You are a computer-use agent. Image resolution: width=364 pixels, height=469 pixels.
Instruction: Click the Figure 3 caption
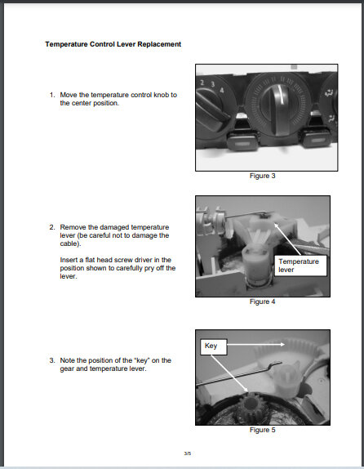point(263,176)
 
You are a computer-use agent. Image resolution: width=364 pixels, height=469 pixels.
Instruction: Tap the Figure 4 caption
point(263,301)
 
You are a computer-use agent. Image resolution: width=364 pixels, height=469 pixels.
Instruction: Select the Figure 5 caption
point(263,430)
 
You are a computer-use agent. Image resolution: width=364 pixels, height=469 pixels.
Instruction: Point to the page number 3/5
point(188,453)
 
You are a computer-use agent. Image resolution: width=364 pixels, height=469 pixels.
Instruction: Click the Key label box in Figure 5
point(214,346)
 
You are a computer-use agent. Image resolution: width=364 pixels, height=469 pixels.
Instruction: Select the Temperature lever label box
point(300,266)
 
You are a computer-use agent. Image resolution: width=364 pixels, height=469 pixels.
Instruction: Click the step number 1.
point(52,95)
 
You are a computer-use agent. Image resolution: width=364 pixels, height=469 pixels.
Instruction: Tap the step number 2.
point(52,227)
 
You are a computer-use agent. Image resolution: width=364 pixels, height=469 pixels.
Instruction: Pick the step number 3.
point(52,360)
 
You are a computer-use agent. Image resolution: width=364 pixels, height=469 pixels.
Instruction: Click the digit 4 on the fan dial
point(222,90)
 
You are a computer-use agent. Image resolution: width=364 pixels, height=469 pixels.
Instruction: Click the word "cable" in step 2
point(69,243)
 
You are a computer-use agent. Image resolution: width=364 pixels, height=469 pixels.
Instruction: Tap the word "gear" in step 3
point(67,369)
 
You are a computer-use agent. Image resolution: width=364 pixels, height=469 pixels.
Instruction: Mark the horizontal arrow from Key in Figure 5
point(255,345)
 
